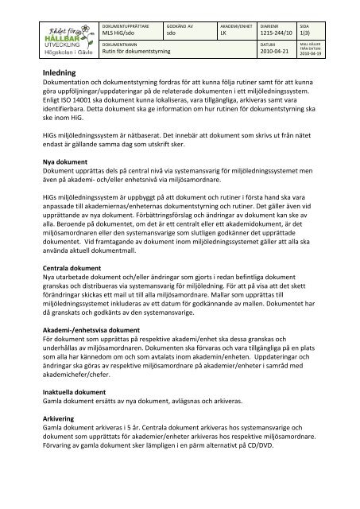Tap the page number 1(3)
click(x=306, y=33)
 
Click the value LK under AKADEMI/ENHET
click(x=223, y=33)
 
